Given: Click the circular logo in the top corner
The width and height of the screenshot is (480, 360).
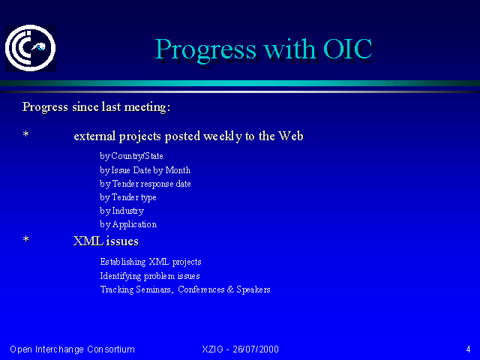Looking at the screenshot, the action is (x=30, y=48).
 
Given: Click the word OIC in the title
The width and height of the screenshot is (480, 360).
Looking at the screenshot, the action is (x=348, y=49).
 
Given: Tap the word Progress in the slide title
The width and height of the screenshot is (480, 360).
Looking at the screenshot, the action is (x=205, y=50).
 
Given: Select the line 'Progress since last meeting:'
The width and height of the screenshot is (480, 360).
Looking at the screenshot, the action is (x=96, y=107).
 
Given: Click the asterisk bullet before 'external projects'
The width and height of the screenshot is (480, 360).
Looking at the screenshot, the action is (x=26, y=134).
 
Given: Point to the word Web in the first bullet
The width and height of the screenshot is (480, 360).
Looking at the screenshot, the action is (x=291, y=136).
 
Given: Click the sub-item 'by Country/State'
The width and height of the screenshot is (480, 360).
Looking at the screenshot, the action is (x=131, y=156).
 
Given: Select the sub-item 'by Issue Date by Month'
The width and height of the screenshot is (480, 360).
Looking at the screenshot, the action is (x=145, y=170).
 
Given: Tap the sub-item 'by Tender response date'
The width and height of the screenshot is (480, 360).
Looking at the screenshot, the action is (x=145, y=184).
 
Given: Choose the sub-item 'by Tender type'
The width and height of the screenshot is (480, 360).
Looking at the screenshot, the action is (x=128, y=197).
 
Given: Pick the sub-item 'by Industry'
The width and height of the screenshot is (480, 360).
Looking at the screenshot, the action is (x=121, y=211).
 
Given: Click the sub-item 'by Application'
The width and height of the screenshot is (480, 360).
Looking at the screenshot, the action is (x=128, y=224).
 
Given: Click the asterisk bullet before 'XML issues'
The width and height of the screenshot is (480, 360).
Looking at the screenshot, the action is (x=26, y=239).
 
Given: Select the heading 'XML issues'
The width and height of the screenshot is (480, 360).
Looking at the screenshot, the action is (x=106, y=241).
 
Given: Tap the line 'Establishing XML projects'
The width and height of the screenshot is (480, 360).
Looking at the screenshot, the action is (x=151, y=262).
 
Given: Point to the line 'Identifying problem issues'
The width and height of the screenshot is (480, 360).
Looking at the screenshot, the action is (x=150, y=276).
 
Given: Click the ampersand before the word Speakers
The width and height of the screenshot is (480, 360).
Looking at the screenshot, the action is (x=230, y=289).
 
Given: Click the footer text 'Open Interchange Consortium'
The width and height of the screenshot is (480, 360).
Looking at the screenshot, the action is (x=72, y=349).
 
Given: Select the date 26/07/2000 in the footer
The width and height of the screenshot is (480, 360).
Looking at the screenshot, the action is (x=256, y=349).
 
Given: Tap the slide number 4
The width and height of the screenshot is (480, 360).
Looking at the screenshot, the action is (x=468, y=349).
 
